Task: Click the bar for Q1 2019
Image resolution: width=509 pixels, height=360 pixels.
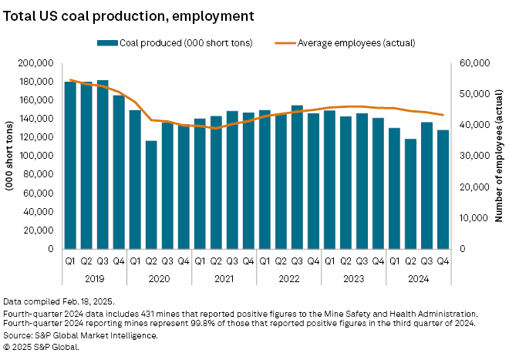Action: click(x=70, y=165)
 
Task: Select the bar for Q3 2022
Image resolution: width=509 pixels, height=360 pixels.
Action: click(x=297, y=177)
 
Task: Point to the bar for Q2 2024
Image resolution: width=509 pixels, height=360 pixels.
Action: click(x=410, y=193)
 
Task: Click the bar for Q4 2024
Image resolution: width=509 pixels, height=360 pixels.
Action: click(x=443, y=189)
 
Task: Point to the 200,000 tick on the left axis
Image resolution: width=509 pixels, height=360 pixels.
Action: click(x=36, y=62)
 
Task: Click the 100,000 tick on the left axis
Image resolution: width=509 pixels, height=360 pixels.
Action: click(x=36, y=156)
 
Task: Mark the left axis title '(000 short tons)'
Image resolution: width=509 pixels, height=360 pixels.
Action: click(x=11, y=155)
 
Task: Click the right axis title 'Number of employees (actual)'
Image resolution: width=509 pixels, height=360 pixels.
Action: click(x=499, y=156)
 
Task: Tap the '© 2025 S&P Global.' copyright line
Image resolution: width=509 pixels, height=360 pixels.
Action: click(x=42, y=346)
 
